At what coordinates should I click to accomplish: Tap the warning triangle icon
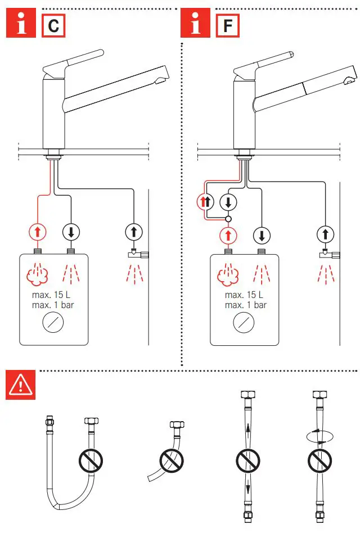pos(21,385)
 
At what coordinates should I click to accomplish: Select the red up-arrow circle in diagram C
pos(37,231)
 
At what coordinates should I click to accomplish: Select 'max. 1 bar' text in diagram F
pos(245,305)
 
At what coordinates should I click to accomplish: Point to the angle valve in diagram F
pos(329,255)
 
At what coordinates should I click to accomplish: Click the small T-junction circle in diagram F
pos(228,219)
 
